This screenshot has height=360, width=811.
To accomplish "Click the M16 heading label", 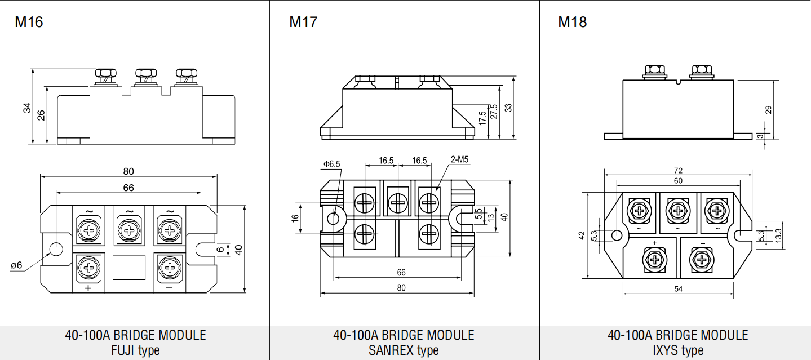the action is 29,22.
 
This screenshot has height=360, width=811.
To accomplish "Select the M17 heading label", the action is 303,22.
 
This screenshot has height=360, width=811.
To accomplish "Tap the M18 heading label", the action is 572,22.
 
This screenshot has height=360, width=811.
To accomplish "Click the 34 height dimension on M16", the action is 27,108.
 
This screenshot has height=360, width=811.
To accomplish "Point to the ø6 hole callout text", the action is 16,265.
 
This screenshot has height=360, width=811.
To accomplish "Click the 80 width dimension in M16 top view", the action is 128,171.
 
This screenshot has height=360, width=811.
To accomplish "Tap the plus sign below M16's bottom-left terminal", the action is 88,288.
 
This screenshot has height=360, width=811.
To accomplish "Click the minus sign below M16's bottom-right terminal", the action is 169,288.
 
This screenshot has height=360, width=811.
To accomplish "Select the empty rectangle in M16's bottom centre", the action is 129,268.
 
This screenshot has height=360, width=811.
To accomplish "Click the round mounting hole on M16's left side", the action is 56,249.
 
